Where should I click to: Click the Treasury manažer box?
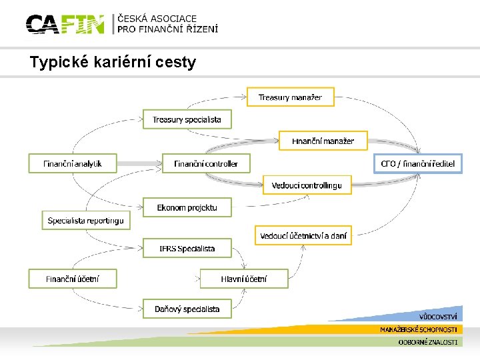click(x=290, y=97)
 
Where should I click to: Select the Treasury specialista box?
click(x=187, y=120)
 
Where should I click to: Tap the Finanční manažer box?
click(x=323, y=141)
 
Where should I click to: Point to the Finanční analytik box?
click(x=73, y=163)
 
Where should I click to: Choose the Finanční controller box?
click(x=206, y=163)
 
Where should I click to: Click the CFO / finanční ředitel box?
click(x=418, y=163)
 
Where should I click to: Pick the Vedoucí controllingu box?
click(x=307, y=185)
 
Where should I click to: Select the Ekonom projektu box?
click(x=187, y=207)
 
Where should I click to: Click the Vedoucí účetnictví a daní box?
click(x=303, y=235)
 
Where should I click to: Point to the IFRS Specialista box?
click(x=187, y=249)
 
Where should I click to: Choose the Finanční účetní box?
click(x=73, y=279)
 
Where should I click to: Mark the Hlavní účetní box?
click(x=244, y=279)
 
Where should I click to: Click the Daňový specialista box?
click(x=187, y=309)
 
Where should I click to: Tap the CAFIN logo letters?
click(x=65, y=25)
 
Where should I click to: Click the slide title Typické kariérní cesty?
click(x=113, y=63)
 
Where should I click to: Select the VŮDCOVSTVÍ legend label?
click(x=438, y=316)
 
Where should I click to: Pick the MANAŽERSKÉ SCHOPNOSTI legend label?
click(x=419, y=329)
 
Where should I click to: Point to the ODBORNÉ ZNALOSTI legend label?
click(x=427, y=342)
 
